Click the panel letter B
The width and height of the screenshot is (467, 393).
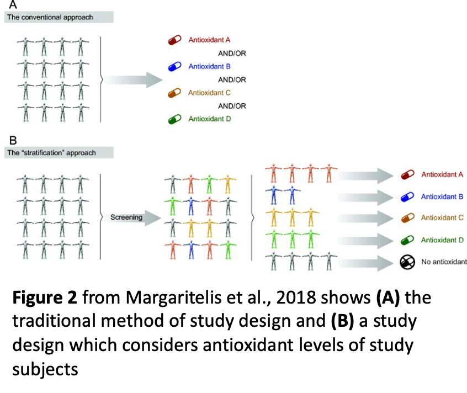point(13,140)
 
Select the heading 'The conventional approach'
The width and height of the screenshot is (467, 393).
point(50,17)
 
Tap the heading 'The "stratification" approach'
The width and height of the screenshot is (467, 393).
point(51,153)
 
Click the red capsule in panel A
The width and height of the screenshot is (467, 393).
point(175,40)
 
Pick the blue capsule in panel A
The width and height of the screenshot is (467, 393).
point(175,67)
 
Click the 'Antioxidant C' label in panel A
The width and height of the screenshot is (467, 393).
point(209,93)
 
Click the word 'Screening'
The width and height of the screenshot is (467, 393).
point(126,217)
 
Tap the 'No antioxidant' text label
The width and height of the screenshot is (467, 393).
point(443,262)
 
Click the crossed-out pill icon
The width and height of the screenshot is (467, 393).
point(407,262)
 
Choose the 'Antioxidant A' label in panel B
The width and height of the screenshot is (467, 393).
point(442,174)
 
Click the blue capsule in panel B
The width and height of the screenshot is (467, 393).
point(408,197)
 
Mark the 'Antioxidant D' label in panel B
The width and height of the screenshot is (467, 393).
point(442,240)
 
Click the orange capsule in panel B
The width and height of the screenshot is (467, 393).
point(408,219)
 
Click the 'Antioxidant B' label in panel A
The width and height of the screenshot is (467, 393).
point(209,66)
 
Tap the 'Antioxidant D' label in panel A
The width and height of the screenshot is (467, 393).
point(209,119)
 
